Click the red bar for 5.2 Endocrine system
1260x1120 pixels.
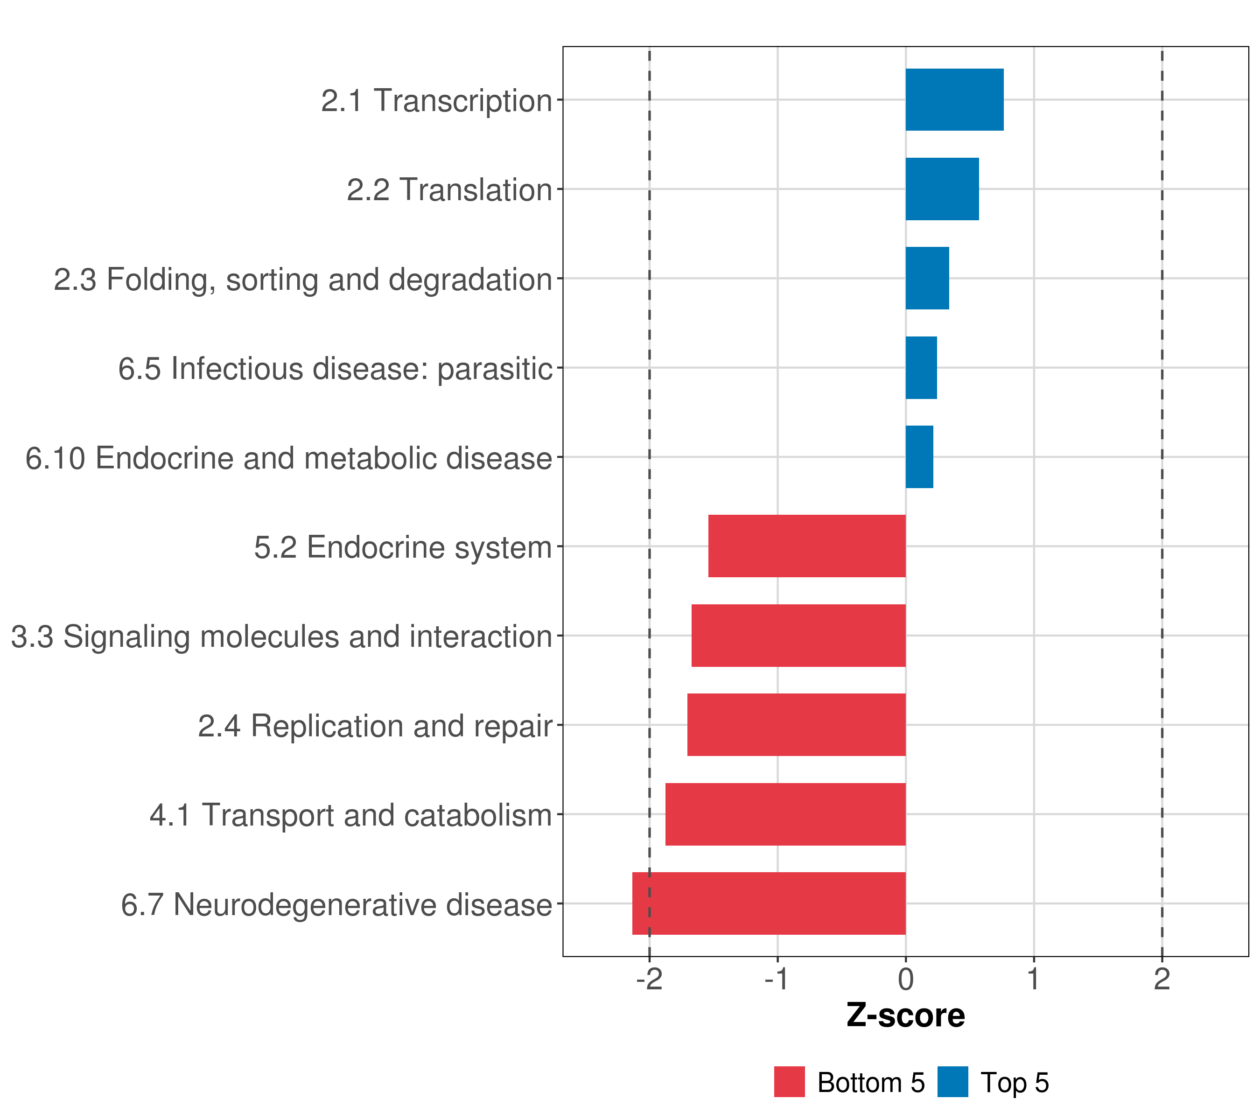(806, 546)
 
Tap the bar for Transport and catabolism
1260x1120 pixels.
(785, 814)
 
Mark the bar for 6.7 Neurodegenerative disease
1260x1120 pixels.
(768, 903)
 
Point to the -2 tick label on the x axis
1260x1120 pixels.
(649, 980)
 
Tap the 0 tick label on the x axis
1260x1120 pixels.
(905, 980)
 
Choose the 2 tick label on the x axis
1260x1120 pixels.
(1162, 980)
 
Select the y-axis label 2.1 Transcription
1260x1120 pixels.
(436, 100)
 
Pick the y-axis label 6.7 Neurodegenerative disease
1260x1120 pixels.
(336, 905)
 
